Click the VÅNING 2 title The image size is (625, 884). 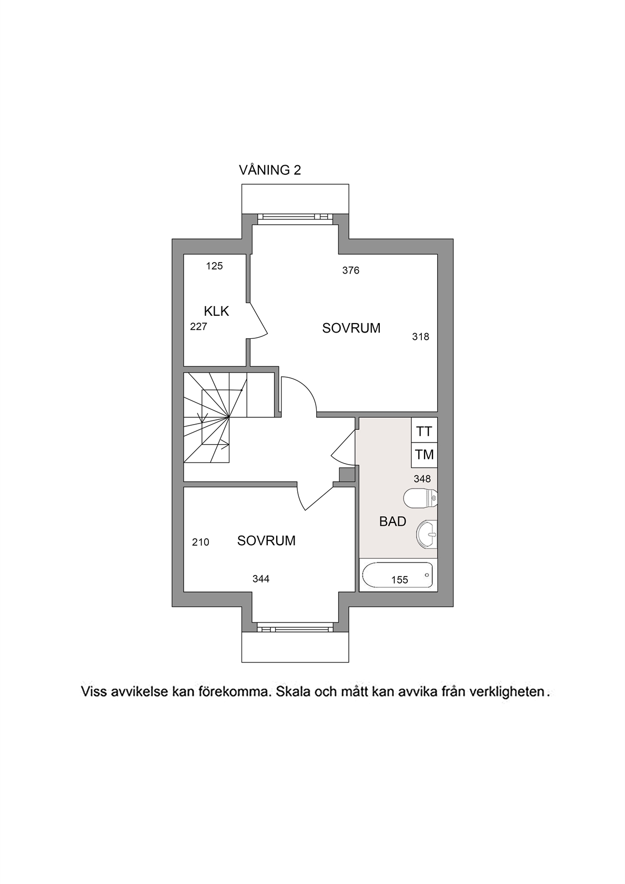pyautogui.click(x=270, y=170)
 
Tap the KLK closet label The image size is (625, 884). pyautogui.click(x=216, y=312)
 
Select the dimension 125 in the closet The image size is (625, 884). pyautogui.click(x=214, y=266)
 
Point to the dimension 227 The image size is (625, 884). pyautogui.click(x=198, y=327)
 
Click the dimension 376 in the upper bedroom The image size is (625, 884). pyautogui.click(x=351, y=270)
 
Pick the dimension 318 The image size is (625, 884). pyautogui.click(x=421, y=337)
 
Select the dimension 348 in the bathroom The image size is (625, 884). pyautogui.click(x=422, y=479)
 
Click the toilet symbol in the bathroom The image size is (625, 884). pyautogui.click(x=420, y=498)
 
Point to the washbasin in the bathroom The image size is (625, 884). pyautogui.click(x=427, y=535)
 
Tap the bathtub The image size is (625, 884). pyautogui.click(x=398, y=575)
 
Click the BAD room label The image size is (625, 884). pyautogui.click(x=392, y=522)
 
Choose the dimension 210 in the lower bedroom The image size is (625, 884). pyautogui.click(x=200, y=542)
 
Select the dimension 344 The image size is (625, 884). pyautogui.click(x=261, y=579)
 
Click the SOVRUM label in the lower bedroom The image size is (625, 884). pyautogui.click(x=266, y=540)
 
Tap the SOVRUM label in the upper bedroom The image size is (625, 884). pyautogui.click(x=351, y=328)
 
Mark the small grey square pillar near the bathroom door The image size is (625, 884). pyautogui.click(x=347, y=475)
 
